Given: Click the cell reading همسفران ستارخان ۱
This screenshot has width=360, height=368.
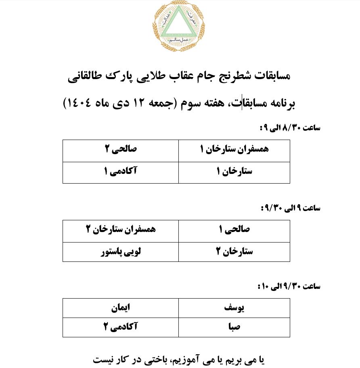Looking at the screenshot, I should pos(234,150).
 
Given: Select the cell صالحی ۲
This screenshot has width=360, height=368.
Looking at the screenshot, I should pos(121,150).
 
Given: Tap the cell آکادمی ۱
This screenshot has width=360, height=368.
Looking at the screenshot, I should pos(121,172).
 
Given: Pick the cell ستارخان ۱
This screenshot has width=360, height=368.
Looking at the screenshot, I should pos(234,172).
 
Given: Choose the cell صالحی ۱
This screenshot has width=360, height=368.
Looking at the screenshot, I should pos(234,230).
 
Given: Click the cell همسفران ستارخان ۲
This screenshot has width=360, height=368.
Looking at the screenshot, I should pos(121,230).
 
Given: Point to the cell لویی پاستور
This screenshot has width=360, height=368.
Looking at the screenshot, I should pos(121,252).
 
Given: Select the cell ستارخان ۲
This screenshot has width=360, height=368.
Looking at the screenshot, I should pos(234,252).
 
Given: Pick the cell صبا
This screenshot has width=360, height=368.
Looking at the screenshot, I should pos(234,327).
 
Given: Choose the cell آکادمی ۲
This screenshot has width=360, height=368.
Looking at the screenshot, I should pos(121,327).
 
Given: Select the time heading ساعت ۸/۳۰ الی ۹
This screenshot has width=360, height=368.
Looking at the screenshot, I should pos(290,128).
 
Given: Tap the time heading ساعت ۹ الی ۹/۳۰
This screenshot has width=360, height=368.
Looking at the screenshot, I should pos(290,209).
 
